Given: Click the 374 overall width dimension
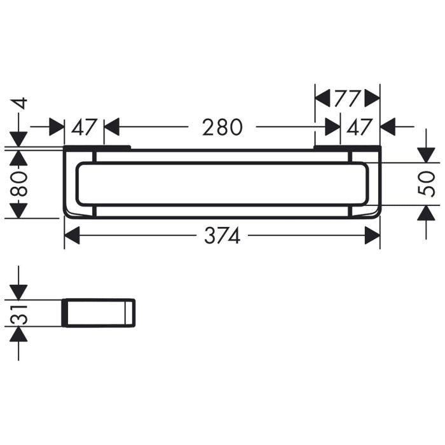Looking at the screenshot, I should [222, 236].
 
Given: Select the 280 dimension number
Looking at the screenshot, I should [222, 127].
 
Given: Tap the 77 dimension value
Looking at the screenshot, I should [348, 99].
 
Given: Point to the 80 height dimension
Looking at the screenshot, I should [19, 184].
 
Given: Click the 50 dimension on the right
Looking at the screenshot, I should [430, 184].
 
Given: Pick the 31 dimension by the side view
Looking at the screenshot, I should [19, 313].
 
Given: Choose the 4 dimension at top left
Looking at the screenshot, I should [19, 104].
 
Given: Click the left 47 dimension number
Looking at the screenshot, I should [83, 127].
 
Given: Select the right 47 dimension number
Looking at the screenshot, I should [360, 127].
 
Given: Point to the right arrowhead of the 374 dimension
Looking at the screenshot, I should [373, 236].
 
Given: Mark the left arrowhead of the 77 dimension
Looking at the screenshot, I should [323, 99].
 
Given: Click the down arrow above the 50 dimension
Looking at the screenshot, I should [424, 154].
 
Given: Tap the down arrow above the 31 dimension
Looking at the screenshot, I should [19, 291].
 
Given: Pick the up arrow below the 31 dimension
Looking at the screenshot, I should [19, 335].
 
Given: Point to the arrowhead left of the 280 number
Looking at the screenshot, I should [112, 127].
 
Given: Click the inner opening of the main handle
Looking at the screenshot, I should [222, 184].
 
